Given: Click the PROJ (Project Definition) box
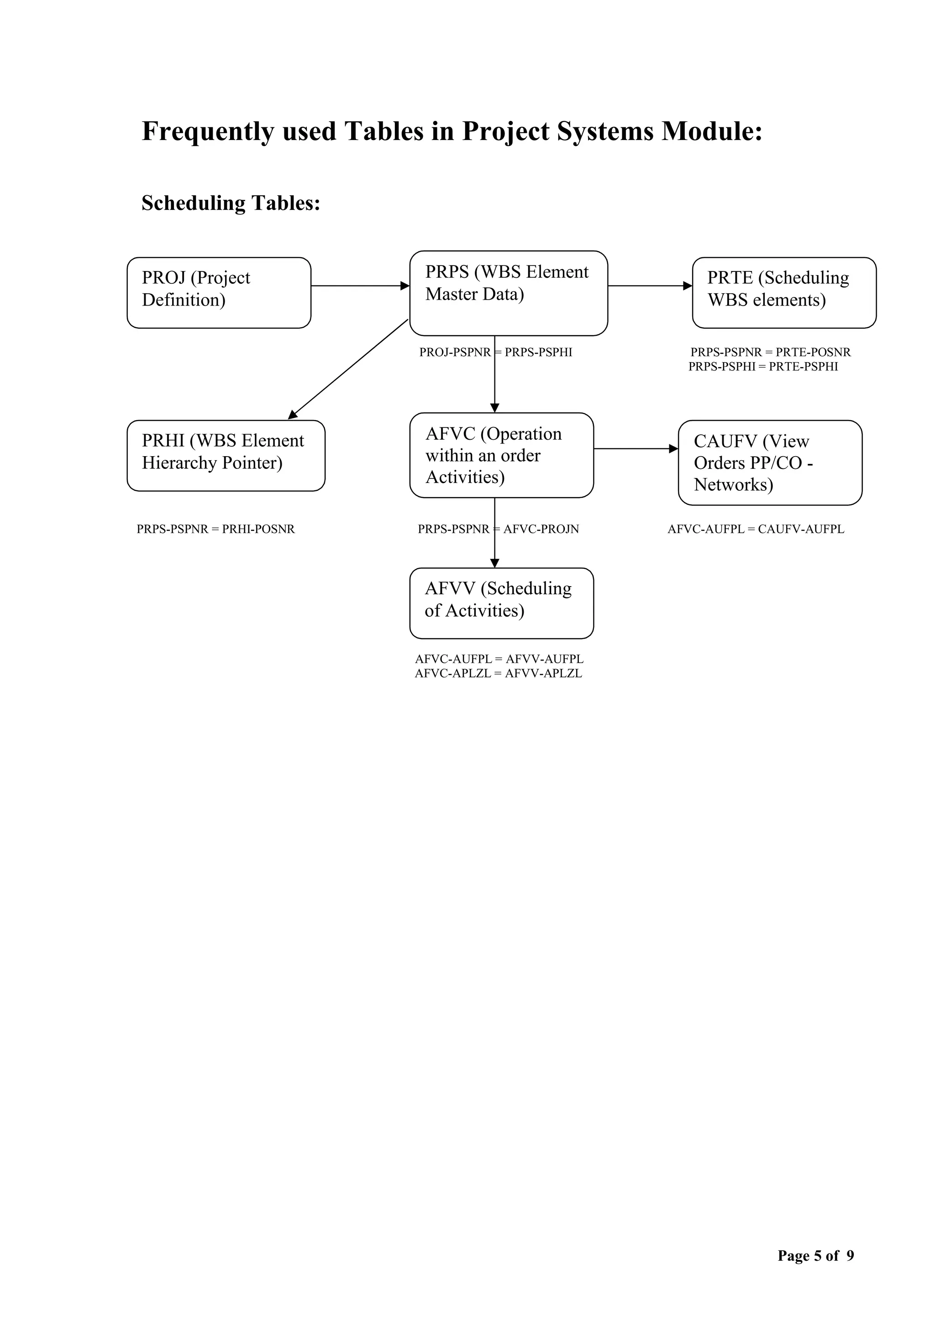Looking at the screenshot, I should pos(219,293).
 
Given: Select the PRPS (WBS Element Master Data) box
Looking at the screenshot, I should pos(509,293).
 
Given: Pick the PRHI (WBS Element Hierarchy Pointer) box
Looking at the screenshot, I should pos(226,456).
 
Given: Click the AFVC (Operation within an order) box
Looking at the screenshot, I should pos(501,455).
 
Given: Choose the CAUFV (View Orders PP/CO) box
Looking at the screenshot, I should pos(770,463).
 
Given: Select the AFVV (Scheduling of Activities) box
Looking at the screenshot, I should pos(501,603).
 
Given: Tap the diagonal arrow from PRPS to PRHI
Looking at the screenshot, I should pos(348,369).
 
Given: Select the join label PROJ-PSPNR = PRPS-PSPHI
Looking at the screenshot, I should pos(496,352).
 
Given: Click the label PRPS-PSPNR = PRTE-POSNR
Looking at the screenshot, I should pos(770,352).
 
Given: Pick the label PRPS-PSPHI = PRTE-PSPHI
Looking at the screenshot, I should pos(763,366).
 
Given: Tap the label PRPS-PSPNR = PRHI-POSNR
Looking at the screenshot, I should pos(215,529).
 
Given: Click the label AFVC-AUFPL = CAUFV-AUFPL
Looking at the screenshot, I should pos(756,529).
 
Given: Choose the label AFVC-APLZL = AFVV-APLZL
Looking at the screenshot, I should pos(498,673).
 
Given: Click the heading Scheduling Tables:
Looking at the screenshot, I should pos(231,203).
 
